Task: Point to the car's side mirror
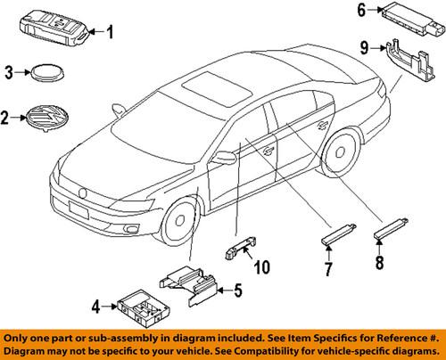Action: (223, 159)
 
